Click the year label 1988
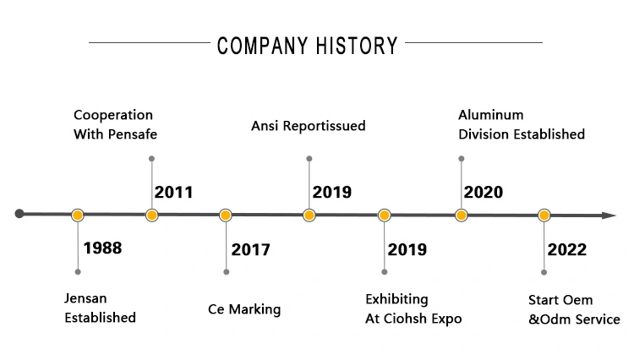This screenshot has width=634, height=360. pos(102,248)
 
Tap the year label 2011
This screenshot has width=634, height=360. pos(173,193)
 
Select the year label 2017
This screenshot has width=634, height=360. pos(250,249)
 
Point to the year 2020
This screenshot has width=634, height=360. pos(484,193)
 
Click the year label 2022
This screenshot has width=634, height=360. pos(567,249)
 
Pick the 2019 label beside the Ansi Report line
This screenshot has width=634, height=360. pos(332,193)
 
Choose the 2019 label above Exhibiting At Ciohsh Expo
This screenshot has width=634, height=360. pos(407,249)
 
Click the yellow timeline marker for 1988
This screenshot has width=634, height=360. pos(78,215)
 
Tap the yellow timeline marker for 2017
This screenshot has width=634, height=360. pos(226,215)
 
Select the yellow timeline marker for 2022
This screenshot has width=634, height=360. pos(544,215)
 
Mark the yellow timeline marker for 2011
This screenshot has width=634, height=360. pos(151,215)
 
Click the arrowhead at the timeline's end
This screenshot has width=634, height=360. pos(609,215)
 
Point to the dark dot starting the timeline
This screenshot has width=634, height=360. pos(19,214)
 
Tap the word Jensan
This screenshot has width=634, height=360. pos(85,298)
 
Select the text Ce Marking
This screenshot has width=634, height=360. pos(244,309)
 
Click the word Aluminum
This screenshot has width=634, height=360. pos(491,115)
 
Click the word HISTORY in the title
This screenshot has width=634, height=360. pos(357,46)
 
